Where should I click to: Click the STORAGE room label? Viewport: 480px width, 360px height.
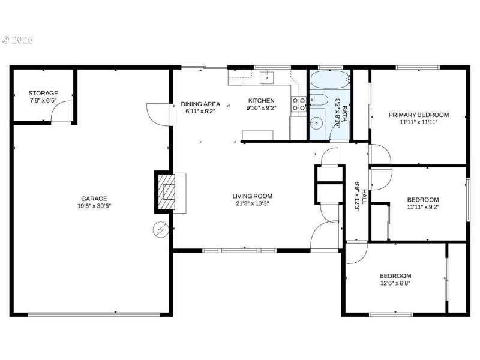tap(43, 93)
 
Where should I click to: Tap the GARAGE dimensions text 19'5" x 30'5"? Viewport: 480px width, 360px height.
tap(94, 206)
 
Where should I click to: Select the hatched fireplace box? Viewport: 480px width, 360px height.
tap(166, 192)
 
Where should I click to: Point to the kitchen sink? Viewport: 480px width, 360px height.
tap(267, 77)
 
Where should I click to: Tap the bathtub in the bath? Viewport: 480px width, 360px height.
tap(328, 79)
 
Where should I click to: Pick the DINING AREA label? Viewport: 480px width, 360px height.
tap(200, 104)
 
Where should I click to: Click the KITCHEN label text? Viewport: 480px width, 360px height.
tap(261, 101)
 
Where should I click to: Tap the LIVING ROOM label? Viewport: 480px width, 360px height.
tap(253, 196)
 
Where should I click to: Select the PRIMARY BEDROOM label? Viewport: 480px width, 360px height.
tap(418, 115)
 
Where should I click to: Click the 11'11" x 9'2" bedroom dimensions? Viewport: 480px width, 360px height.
tap(422, 208)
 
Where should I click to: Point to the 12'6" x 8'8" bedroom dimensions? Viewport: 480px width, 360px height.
tap(395, 283)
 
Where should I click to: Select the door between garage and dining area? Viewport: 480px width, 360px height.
tap(158, 114)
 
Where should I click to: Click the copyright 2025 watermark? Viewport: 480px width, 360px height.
tap(17, 40)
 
